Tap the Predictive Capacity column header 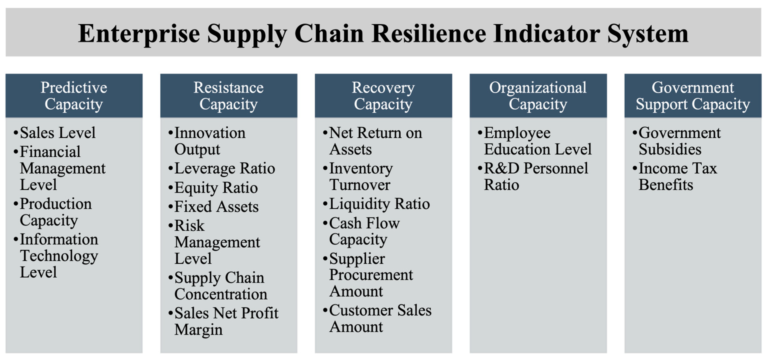coord(74,96)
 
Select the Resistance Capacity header coord(229,96)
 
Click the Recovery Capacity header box coord(383,96)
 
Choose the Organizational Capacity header coord(538,96)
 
